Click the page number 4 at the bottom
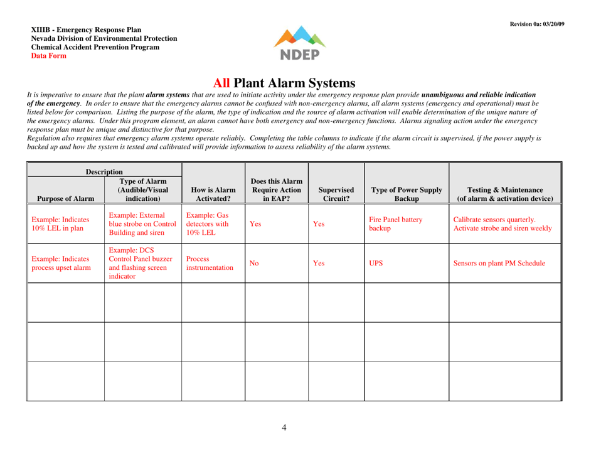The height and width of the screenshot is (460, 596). tap(284, 427)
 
